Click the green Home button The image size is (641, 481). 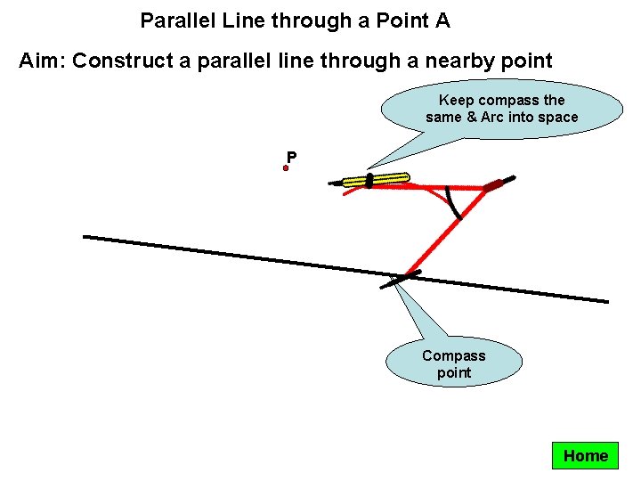click(x=586, y=456)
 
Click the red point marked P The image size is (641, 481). click(x=287, y=167)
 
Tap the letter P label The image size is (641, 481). click(x=292, y=158)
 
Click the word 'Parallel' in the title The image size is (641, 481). click(x=174, y=20)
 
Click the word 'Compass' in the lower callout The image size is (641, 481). click(x=454, y=355)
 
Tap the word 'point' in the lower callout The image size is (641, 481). click(x=454, y=372)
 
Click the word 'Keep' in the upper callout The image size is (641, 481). click(x=457, y=100)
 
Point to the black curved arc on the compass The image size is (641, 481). click(x=453, y=204)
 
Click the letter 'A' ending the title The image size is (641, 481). click(x=442, y=20)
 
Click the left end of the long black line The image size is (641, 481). click(x=85, y=236)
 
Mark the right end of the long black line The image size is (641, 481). click(x=607, y=301)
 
